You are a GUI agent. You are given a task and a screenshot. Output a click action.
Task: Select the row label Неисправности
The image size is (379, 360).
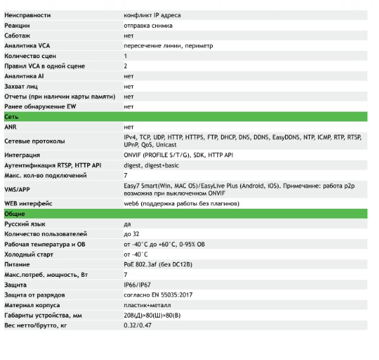[x=28, y=15]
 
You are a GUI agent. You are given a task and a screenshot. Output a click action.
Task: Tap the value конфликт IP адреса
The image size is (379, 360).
[x=152, y=15]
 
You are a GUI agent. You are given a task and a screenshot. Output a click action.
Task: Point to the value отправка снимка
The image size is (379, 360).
[x=148, y=25]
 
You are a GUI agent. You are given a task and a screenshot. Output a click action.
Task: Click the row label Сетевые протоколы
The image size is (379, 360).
[x=34, y=141]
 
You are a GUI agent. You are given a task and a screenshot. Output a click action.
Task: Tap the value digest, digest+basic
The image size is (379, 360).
[x=151, y=165]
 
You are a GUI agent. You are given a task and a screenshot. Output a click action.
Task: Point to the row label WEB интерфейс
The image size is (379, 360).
[x=28, y=204]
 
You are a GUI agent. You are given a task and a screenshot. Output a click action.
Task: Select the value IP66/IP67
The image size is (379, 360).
[x=137, y=285]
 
